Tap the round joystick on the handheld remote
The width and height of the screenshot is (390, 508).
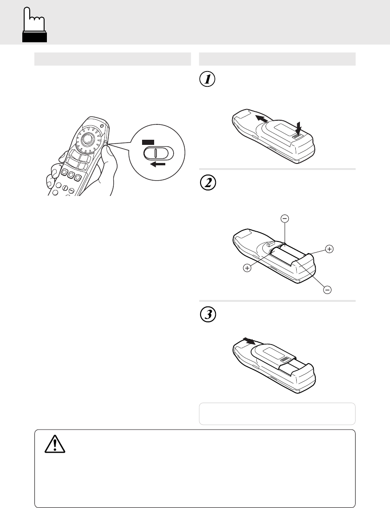pyautogui.click(x=86, y=139)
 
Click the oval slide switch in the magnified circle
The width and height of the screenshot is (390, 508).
pyautogui.click(x=157, y=153)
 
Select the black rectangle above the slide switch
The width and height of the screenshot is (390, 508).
pyautogui.click(x=149, y=141)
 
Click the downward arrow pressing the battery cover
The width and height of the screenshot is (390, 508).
pyautogui.click(x=298, y=127)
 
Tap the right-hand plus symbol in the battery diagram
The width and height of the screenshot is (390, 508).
pyautogui.click(x=329, y=249)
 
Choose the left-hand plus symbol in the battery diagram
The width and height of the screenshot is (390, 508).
pyautogui.click(x=247, y=268)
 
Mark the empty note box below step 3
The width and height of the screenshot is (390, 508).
pyautogui.click(x=277, y=413)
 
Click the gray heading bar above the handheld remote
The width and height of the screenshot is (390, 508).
pyautogui.click(x=112, y=59)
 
